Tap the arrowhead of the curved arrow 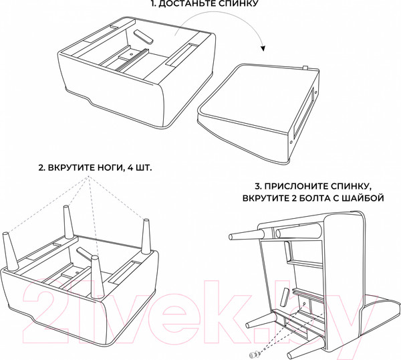(263, 48)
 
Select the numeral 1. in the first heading (154, 6)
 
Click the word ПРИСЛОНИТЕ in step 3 (297, 184)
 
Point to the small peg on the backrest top (304, 66)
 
